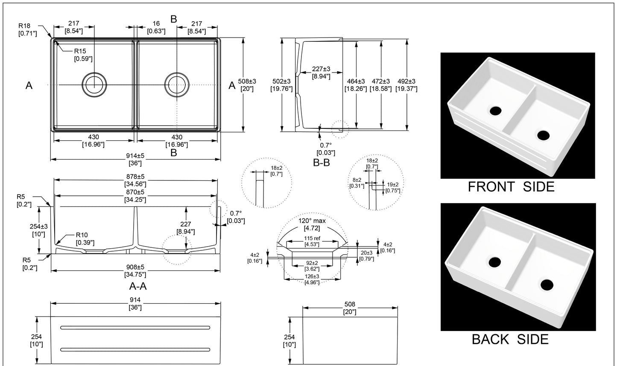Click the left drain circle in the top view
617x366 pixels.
94,84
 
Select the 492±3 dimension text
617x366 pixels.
406,84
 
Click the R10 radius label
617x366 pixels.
84,238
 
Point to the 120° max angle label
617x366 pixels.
312,224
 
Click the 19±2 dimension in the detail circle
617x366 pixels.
393,187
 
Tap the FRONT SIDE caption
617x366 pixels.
511,186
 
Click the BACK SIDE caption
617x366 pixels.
510,339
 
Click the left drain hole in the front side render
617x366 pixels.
496,110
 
